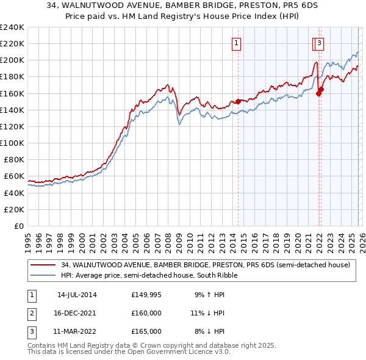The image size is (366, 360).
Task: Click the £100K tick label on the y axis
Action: pos(12,143)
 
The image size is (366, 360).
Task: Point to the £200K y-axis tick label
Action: pos(12,60)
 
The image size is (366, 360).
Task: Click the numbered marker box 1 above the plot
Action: pos(236,43)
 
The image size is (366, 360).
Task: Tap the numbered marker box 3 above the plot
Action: pos(320,43)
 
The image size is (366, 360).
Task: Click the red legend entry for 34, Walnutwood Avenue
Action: pos(205,265)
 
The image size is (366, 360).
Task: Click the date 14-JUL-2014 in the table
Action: pos(77,295)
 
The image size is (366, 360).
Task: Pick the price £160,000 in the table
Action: pos(146,313)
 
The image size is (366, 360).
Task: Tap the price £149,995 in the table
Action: pos(146,295)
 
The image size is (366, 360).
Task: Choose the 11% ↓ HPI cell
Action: pos(208,313)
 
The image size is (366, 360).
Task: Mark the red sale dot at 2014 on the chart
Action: pos(239,101)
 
